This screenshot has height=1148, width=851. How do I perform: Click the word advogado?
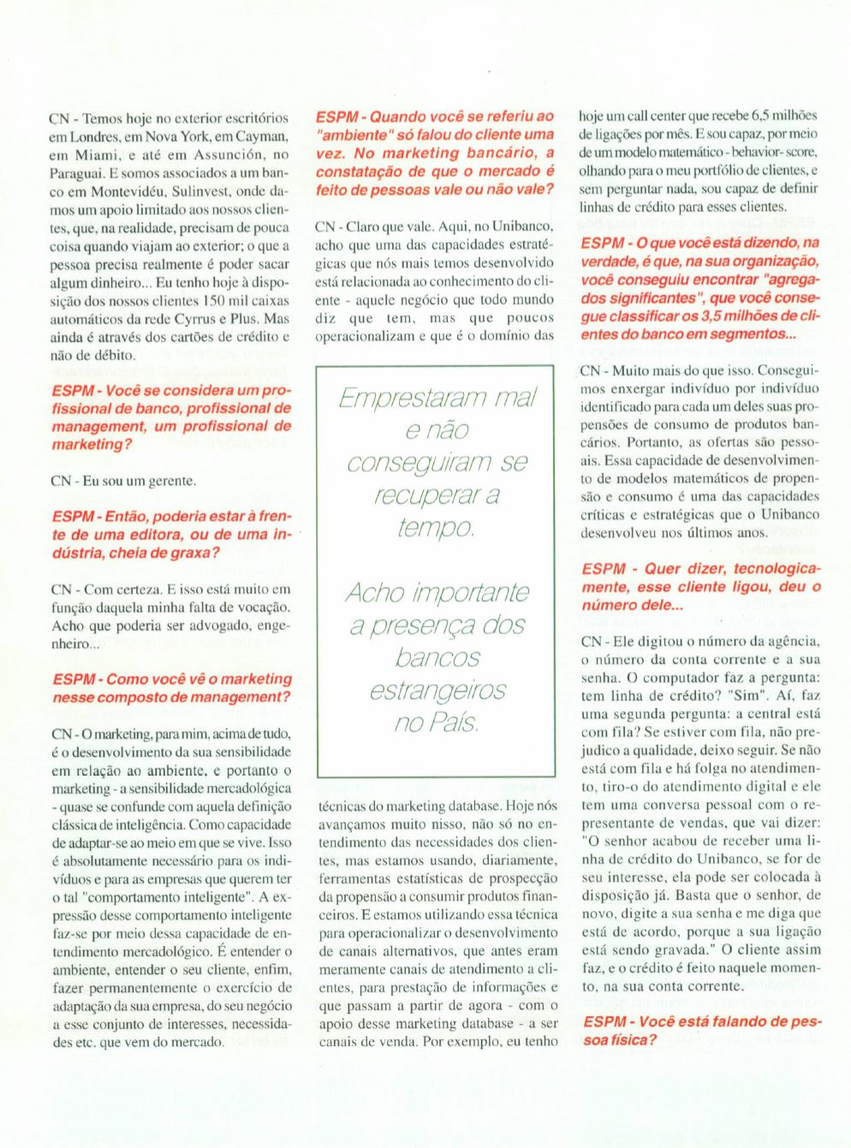click(x=212, y=625)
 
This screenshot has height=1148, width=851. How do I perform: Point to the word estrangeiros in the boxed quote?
click(x=437, y=690)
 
